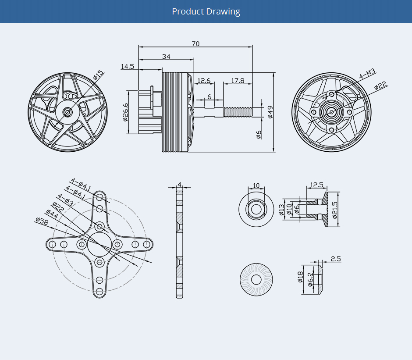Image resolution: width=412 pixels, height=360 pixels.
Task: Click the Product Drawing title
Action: pyautogui.click(x=206, y=11)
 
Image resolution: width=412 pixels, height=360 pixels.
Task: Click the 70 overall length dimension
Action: pyautogui.click(x=195, y=44)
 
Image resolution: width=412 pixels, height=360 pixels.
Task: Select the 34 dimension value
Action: pyautogui.click(x=166, y=57)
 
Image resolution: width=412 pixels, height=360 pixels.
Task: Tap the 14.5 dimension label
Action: pyautogui.click(x=128, y=67)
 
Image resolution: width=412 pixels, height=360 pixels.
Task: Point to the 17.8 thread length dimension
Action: pyautogui.click(x=238, y=81)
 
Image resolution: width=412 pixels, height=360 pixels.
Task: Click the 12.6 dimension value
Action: pyautogui.click(x=204, y=81)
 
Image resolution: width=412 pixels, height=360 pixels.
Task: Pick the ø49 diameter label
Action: pyautogui.click(x=270, y=112)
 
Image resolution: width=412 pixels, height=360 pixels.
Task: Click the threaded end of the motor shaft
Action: pyautogui.click(x=238, y=112)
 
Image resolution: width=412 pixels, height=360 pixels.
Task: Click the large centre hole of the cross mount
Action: pyautogui.click(x=99, y=244)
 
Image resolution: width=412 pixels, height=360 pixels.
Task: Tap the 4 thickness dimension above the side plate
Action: pyautogui.click(x=179, y=184)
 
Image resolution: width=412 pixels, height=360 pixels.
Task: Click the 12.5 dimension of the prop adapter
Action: pyautogui.click(x=316, y=185)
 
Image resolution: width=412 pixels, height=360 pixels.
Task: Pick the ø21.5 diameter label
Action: pyautogui.click(x=335, y=210)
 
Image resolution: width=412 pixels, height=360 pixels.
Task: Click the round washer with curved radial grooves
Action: pyautogui.click(x=257, y=279)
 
